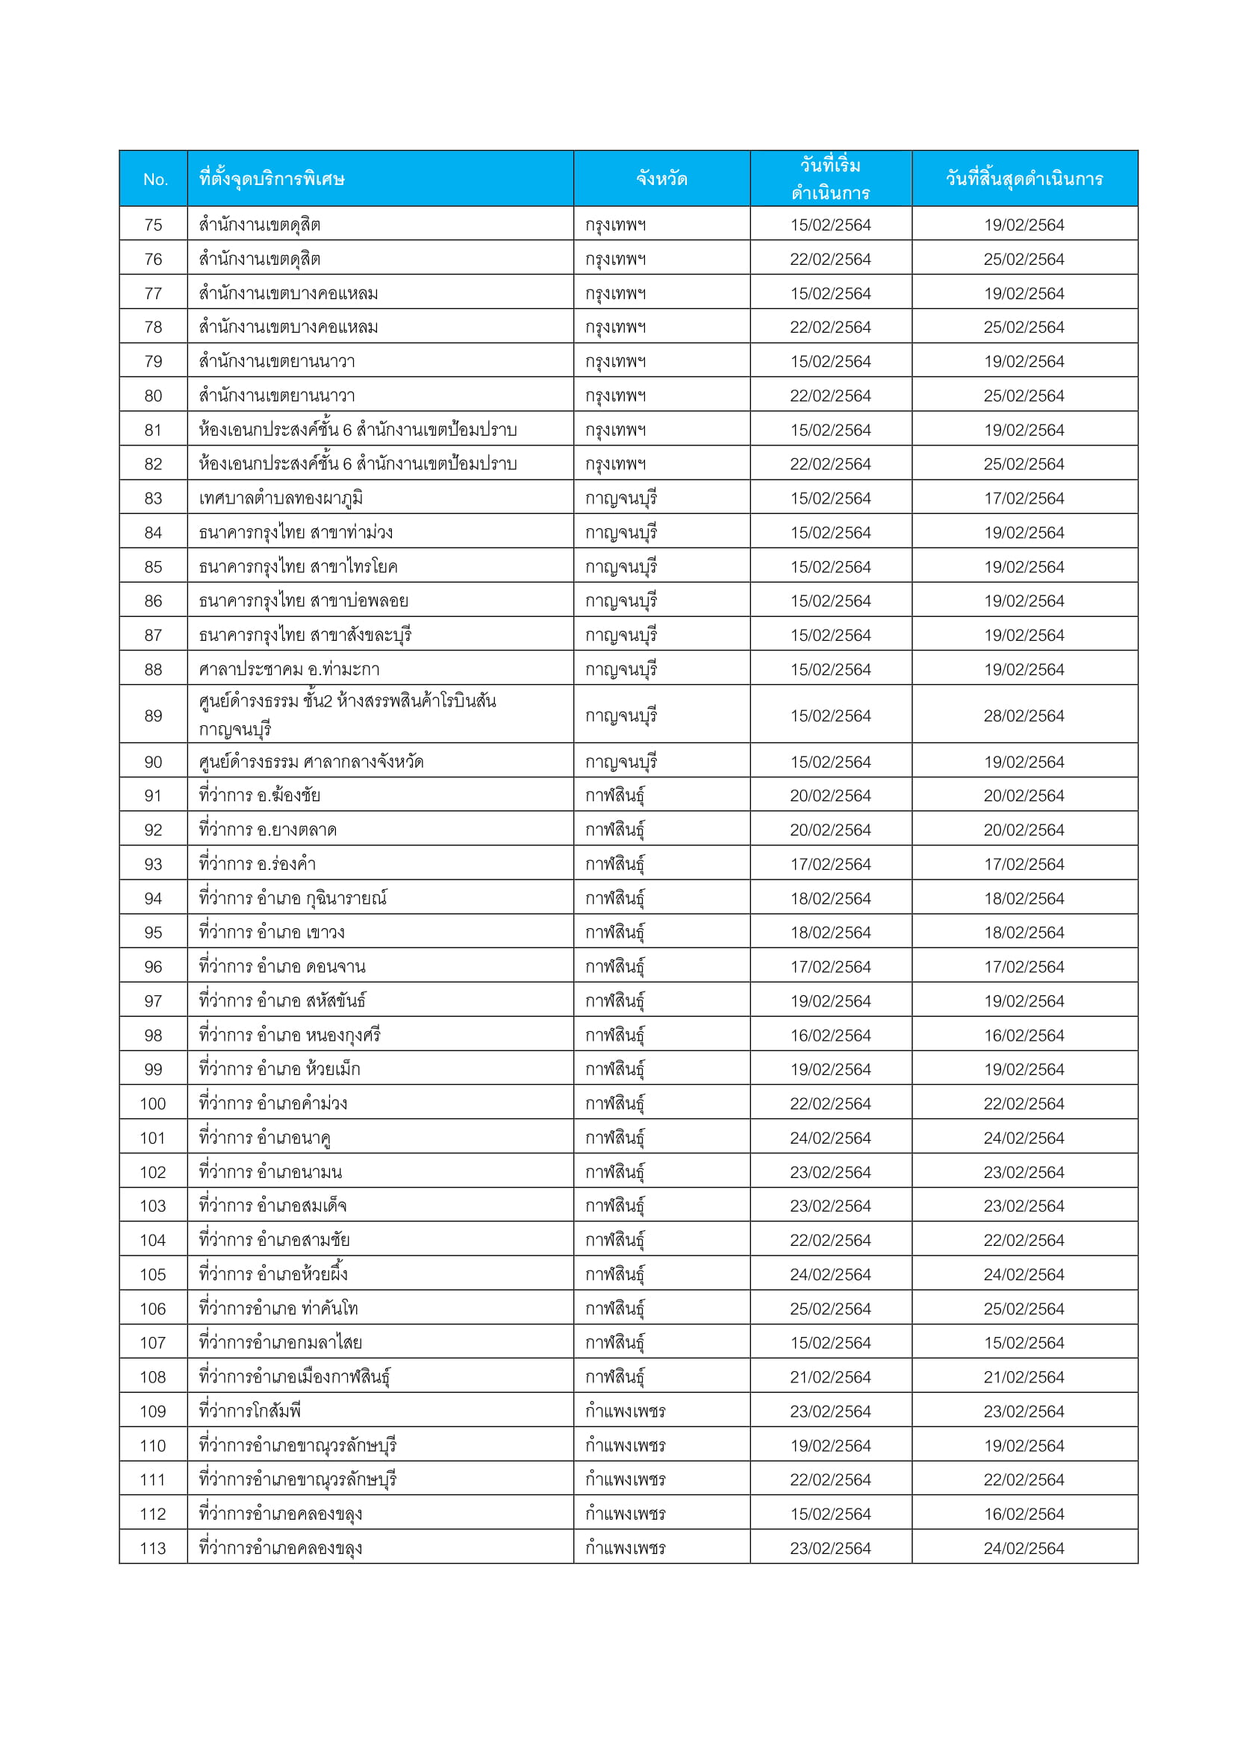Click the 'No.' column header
coord(155,179)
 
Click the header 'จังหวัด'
coord(661,179)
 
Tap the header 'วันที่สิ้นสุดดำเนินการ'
coord(1024,179)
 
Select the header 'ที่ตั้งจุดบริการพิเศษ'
coord(272,179)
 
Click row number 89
coord(153,715)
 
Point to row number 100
coord(153,1103)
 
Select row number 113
coord(153,1548)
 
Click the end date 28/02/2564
coord(1023,715)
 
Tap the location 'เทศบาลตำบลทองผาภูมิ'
coord(281,498)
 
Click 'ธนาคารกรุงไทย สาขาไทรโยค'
coord(298,567)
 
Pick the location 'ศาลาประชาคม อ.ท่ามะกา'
coord(289,669)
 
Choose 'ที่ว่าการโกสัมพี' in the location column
coord(250,1412)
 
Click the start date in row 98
coord(830,1036)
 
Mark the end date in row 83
coord(1023,498)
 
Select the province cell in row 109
coord(625,1412)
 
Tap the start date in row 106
coord(830,1309)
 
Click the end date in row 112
coord(1023,1514)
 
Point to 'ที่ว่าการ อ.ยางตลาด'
coord(268,830)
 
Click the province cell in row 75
coord(615,225)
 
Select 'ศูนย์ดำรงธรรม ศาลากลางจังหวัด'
coord(311,762)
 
